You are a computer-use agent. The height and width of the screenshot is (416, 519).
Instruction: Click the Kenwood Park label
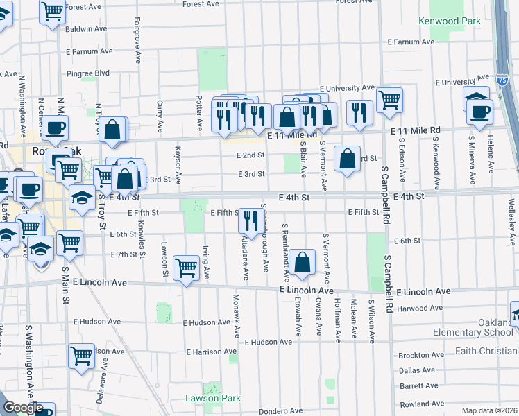[x=450, y=21]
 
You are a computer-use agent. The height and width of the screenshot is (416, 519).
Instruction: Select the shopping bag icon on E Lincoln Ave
[x=302, y=262]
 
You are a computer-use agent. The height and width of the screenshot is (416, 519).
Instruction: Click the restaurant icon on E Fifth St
[x=249, y=220]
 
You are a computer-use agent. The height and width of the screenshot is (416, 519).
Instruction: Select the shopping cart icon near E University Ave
[x=389, y=99]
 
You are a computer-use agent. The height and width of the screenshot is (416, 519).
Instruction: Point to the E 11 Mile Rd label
[x=416, y=130]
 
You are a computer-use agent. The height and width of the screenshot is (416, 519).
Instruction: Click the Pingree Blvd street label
[x=88, y=73]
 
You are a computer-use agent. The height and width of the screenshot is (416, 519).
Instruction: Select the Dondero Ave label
[x=280, y=411]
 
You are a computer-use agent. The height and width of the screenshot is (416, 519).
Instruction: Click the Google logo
[x=23, y=408]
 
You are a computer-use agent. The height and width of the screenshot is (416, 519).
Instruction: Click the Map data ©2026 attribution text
[x=489, y=410]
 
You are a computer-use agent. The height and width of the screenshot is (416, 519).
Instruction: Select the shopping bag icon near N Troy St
[x=112, y=129]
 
